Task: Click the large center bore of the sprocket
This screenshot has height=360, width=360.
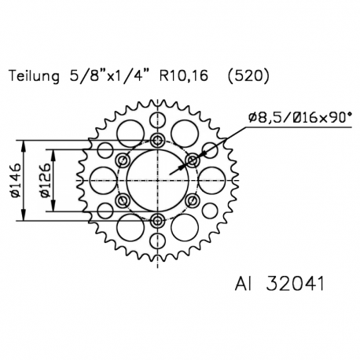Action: click(x=157, y=180)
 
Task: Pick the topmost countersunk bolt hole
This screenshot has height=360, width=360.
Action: click(x=157, y=141)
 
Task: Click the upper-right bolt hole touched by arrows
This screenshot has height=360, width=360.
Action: click(x=192, y=160)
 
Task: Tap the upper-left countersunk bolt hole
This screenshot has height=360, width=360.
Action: click(x=123, y=160)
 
